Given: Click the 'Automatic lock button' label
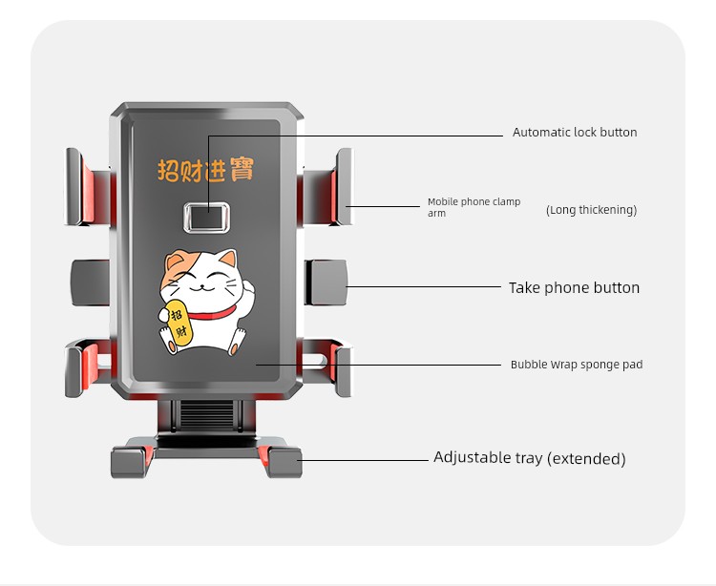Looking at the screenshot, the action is coord(575,133).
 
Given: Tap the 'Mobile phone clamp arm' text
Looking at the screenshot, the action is coord(474,207).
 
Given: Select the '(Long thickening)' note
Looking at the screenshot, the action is coord(591,210).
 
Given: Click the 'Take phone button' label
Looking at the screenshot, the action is coord(574,287).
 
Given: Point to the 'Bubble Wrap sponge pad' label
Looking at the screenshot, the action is coord(577,365).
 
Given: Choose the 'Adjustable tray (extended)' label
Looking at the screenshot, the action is coord(530,458).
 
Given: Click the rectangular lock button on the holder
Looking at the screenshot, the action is coord(207,218).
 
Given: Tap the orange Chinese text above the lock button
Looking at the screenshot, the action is coord(205,170).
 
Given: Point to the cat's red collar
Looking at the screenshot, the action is coord(213,313).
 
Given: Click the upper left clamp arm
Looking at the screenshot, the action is coord(88,187).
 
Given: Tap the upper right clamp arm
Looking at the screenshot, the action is coord(327,187).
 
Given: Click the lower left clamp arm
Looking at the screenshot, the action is coord(88,367).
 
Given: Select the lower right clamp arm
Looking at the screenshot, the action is coord(327,367).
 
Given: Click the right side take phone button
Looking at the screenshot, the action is coord(326,283).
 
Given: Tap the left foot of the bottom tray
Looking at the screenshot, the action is coord(129,462).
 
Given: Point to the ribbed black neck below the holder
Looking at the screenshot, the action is coord(207,414).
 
